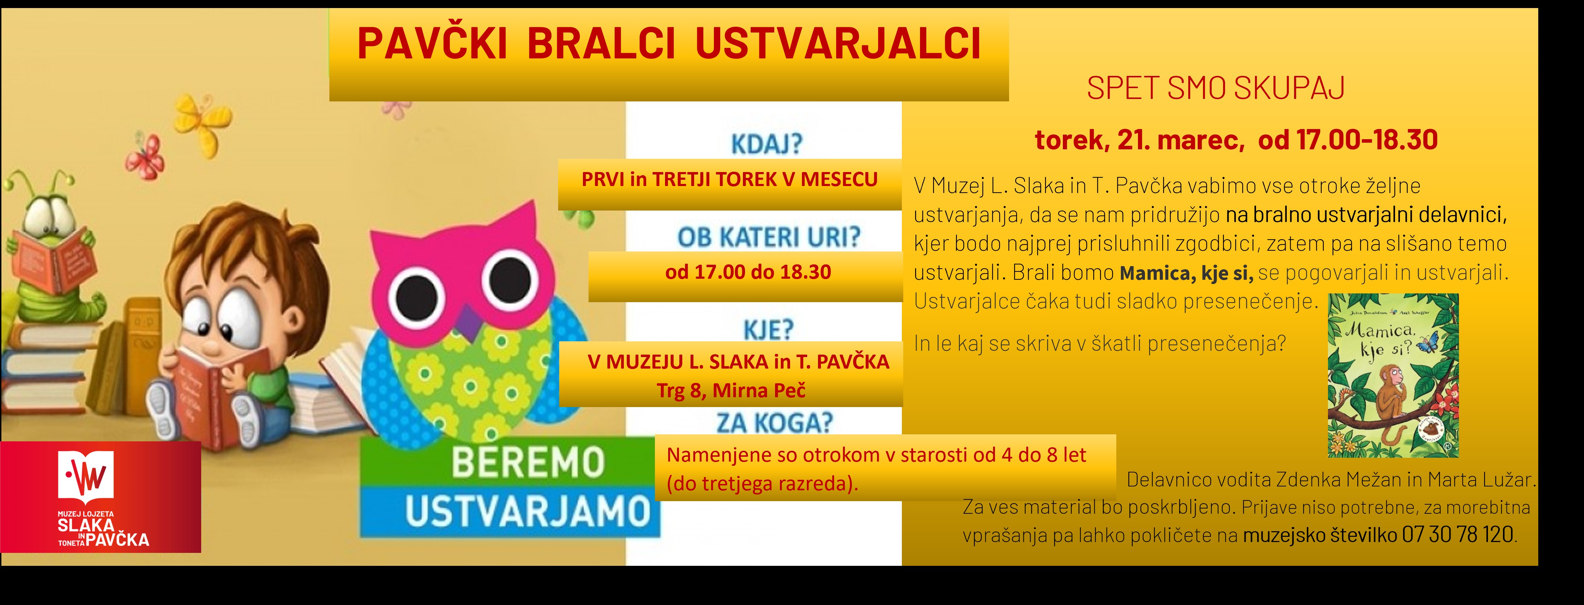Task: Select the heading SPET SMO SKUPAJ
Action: [x=1216, y=88]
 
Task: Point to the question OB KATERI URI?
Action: [x=769, y=237]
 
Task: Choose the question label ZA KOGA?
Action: [x=774, y=423]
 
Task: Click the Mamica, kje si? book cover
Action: [x=1393, y=376]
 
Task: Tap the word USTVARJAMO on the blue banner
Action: [x=527, y=511]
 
